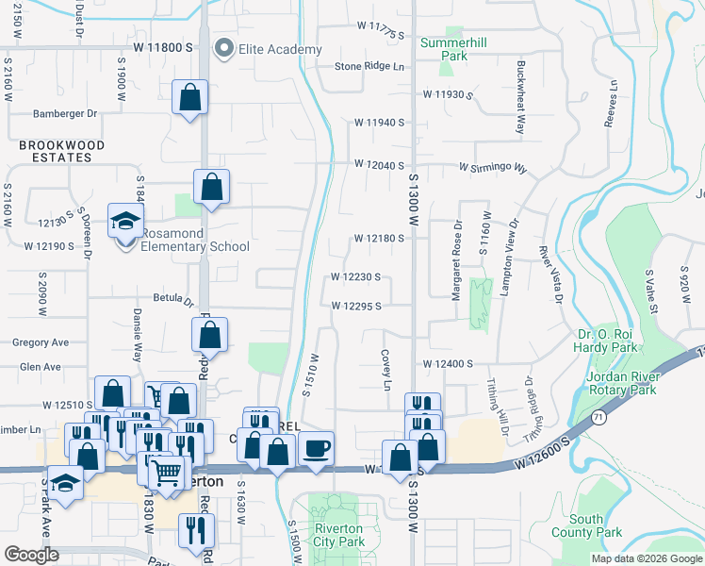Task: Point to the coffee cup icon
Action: click(x=316, y=448)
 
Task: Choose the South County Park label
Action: click(x=596, y=525)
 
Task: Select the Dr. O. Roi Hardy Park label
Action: click(x=616, y=341)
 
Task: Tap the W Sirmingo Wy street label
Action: click(x=493, y=167)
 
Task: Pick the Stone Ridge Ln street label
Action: click(x=369, y=67)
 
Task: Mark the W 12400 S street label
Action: click(x=447, y=363)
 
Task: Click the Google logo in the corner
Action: click(x=32, y=555)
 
